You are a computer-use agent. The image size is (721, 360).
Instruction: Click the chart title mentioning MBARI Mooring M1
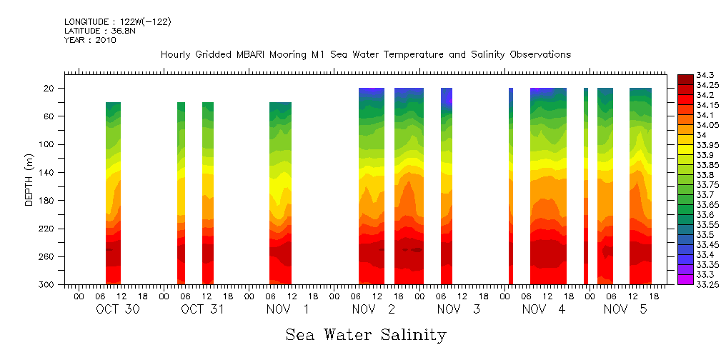(365, 55)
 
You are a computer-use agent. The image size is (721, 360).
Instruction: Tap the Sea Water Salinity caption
(366, 334)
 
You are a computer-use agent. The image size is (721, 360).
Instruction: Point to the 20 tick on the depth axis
(49, 89)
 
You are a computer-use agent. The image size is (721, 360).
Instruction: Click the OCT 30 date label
(117, 310)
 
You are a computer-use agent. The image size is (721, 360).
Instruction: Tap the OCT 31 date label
(203, 310)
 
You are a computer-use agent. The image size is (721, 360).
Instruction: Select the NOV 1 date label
(288, 310)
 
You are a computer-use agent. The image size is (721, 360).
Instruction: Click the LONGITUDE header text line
(117, 22)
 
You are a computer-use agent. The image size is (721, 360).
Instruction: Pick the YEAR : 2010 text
(90, 41)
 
